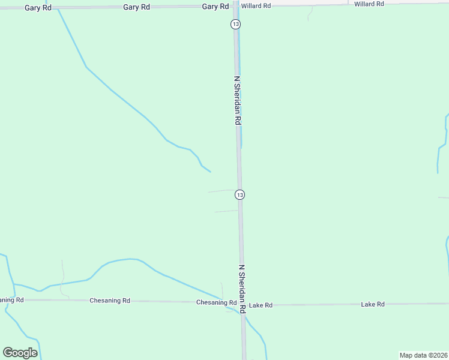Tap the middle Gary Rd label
(x=136, y=7)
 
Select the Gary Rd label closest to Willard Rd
(x=215, y=6)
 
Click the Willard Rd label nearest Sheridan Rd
(x=256, y=5)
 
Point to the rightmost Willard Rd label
(x=369, y=4)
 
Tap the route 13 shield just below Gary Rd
(x=235, y=24)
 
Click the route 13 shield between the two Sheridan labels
(x=240, y=194)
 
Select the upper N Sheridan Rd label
(x=238, y=100)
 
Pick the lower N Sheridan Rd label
(x=242, y=289)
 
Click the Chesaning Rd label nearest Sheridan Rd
(x=216, y=302)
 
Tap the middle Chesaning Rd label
(x=110, y=300)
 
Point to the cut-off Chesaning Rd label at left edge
(x=11, y=299)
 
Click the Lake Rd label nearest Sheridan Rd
(x=261, y=305)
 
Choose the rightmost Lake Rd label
(x=372, y=304)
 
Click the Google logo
(x=20, y=353)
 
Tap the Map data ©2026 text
(x=423, y=355)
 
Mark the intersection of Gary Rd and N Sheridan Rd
(x=236, y=6)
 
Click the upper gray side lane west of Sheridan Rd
(x=222, y=191)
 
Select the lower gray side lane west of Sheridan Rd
(x=227, y=211)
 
